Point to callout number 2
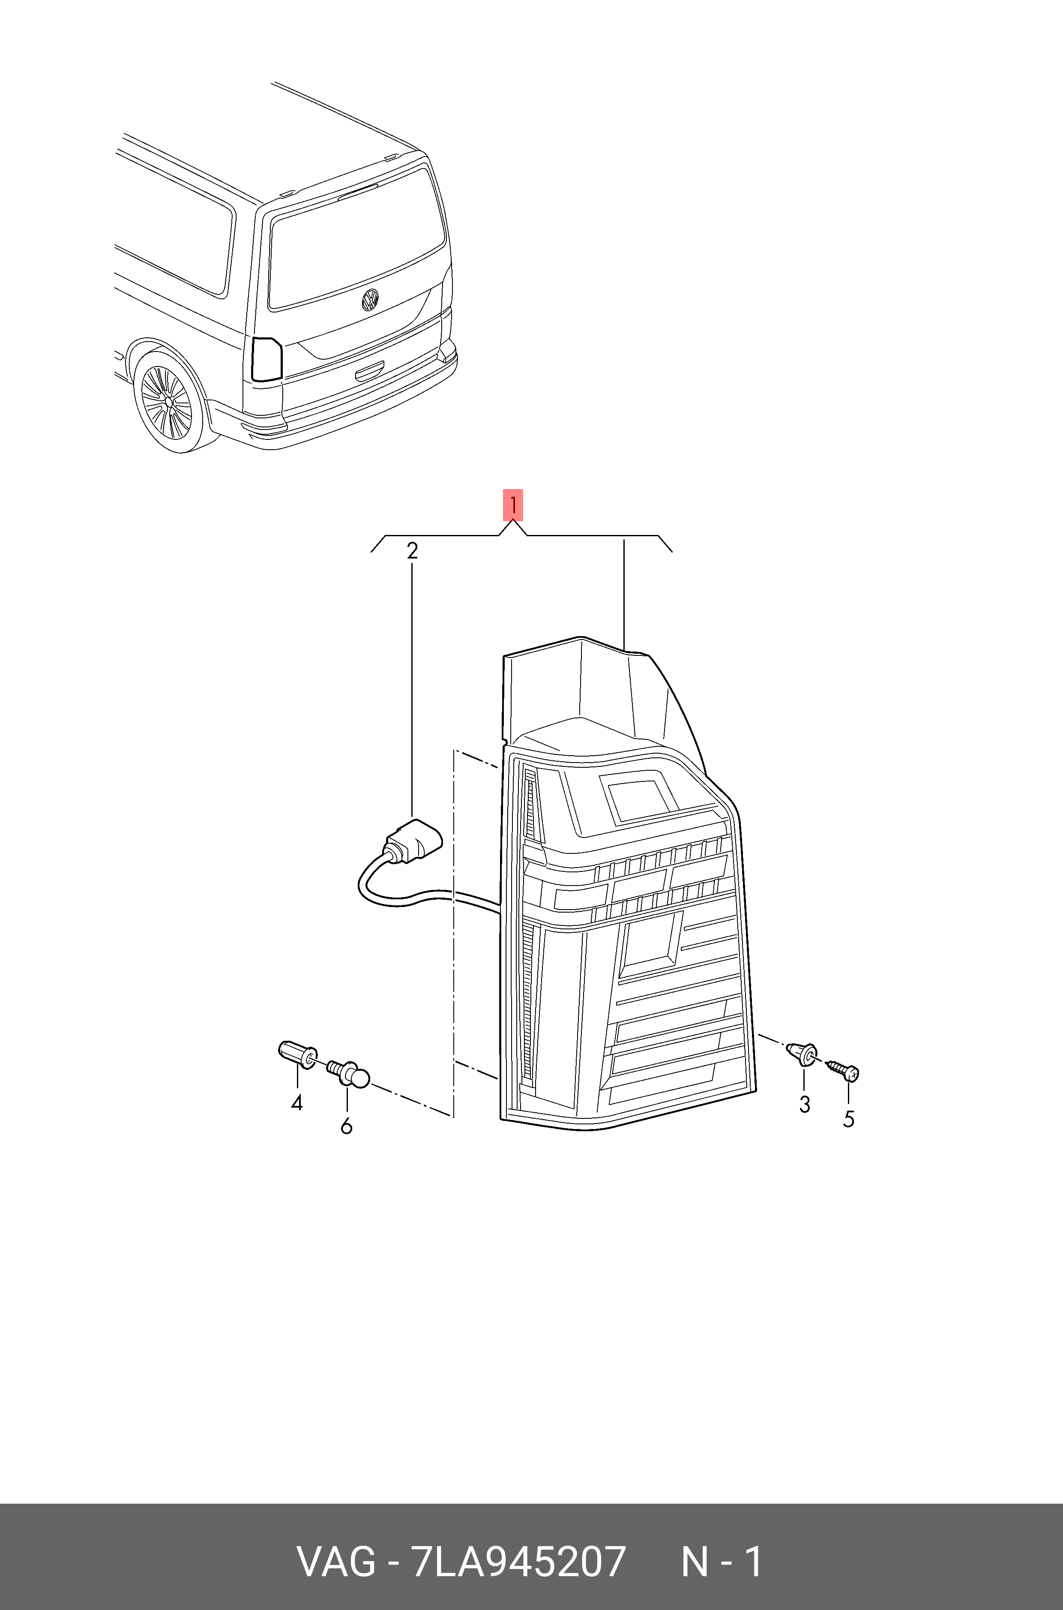coord(412,551)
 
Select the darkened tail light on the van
coord(266,359)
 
